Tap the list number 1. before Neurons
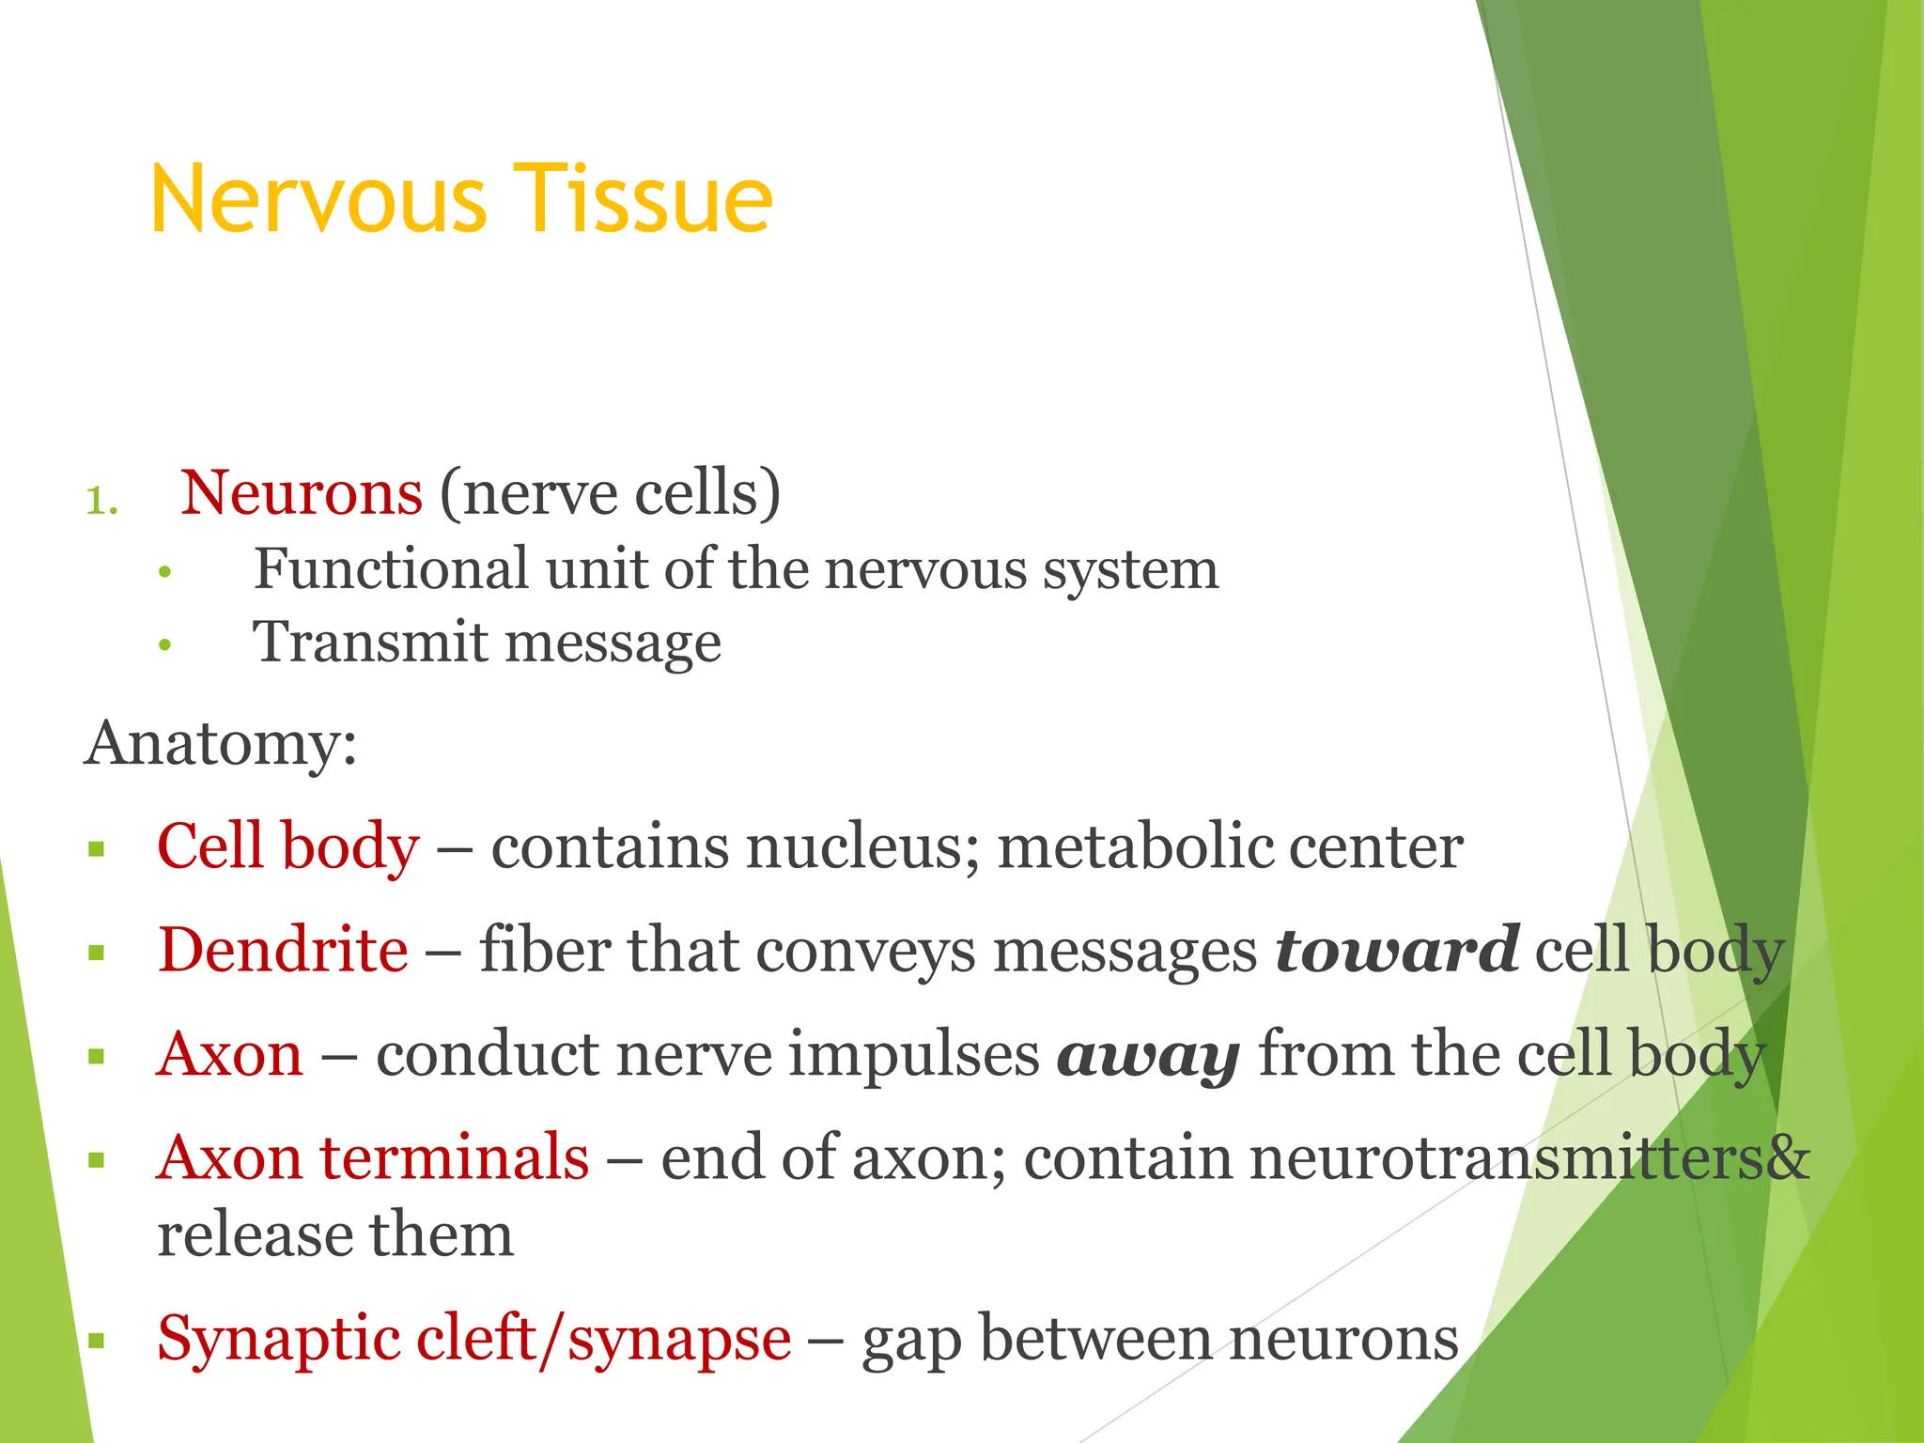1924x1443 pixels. [101, 501]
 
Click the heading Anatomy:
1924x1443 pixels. [221, 744]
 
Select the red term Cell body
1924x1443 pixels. [287, 846]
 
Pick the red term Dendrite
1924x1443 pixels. [283, 950]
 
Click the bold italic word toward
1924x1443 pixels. [1397, 950]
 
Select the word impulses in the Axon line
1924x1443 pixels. [913, 1054]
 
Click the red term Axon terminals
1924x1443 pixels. [373, 1157]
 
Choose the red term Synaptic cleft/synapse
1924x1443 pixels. [473, 1338]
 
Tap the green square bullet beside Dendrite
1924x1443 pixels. [96, 954]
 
